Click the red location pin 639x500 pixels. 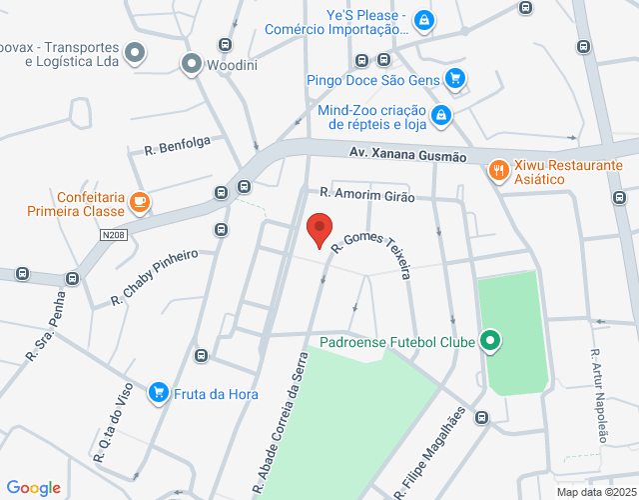[x=319, y=229]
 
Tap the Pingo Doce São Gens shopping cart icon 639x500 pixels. [x=455, y=78]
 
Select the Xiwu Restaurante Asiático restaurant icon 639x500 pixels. [x=498, y=172]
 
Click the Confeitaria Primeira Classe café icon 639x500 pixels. [x=140, y=203]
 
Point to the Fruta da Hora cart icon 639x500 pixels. [x=158, y=393]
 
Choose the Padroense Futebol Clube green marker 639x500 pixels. [x=489, y=342]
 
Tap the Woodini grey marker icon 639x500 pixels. [x=191, y=66]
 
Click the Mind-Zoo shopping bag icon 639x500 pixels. [x=440, y=117]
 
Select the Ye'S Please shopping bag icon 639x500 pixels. [x=423, y=20]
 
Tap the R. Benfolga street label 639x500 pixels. [x=177, y=146]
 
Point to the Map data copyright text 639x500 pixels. [x=596, y=492]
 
